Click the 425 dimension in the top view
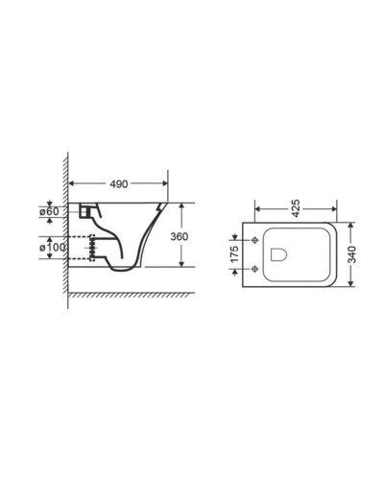(x=299, y=205)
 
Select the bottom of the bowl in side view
(x=125, y=269)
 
